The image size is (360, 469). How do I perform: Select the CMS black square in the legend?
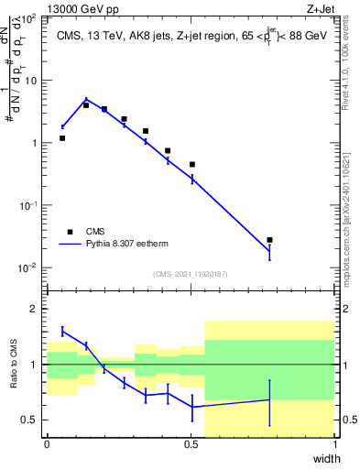(x=70, y=232)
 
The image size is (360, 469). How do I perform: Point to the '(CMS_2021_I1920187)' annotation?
(x=191, y=274)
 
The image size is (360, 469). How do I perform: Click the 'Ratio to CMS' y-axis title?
(x=12, y=364)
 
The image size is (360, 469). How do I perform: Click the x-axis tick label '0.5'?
(x=191, y=443)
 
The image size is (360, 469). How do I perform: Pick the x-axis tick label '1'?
(x=334, y=443)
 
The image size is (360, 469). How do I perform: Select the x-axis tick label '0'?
(x=47, y=443)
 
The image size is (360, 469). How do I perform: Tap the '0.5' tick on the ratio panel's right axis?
(x=349, y=420)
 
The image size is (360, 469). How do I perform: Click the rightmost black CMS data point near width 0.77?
(x=269, y=240)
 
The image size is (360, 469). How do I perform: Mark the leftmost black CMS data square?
(x=62, y=138)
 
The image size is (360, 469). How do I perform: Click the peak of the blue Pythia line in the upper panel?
(x=86, y=100)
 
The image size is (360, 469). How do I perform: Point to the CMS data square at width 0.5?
(x=192, y=165)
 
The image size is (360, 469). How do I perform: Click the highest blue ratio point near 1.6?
(x=62, y=331)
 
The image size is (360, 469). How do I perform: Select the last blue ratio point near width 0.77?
(x=269, y=399)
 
